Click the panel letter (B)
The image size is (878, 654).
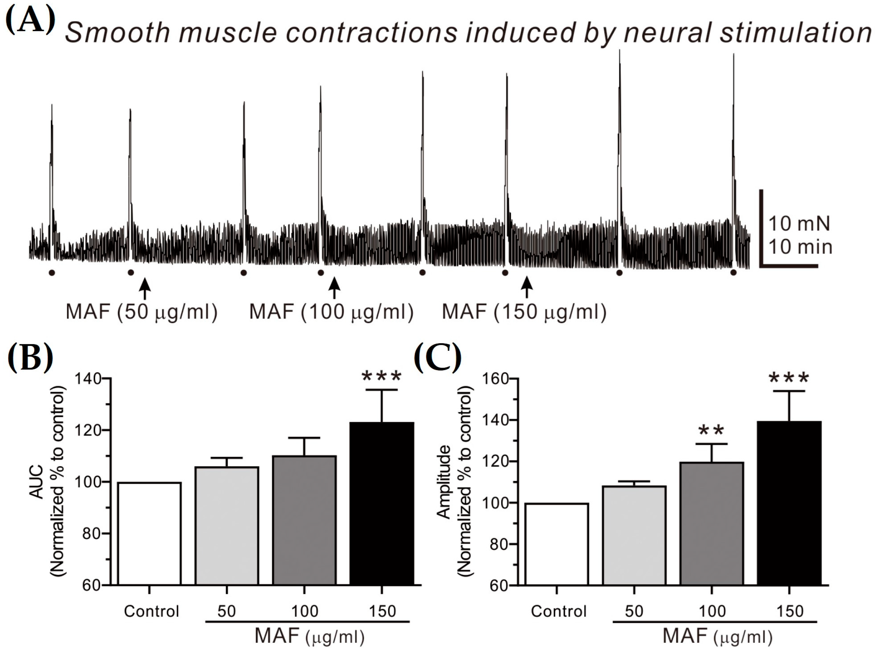click(30, 357)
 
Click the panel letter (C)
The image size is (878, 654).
click(437, 357)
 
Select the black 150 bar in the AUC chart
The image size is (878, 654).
click(382, 503)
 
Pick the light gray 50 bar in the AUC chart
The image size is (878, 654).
click(227, 525)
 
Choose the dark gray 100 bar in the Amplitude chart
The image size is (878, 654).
click(712, 523)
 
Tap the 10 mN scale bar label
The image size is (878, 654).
click(799, 224)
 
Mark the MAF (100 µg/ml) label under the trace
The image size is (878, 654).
click(331, 312)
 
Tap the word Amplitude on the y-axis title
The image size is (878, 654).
click(444, 482)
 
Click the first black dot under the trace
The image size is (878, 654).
click(52, 272)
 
